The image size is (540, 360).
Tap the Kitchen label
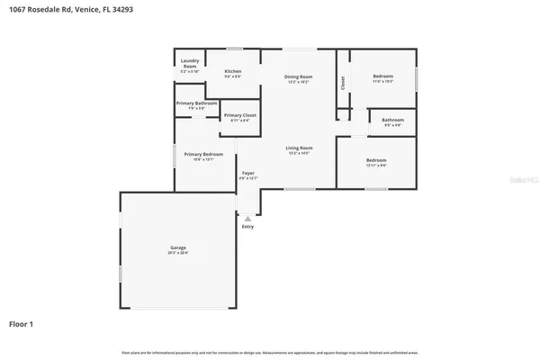pos(233,71)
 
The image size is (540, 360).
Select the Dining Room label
pos(299,77)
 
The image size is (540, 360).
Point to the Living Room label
pos(299,148)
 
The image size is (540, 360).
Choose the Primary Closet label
pos(239,115)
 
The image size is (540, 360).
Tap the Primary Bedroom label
pos(203,154)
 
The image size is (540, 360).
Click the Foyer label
pos(247,173)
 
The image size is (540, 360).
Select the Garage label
pos(178,247)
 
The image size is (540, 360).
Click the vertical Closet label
pos(343,83)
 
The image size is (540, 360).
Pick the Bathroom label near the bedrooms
pos(392,120)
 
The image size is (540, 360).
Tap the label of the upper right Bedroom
pos(383,77)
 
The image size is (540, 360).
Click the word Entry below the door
pos(247,226)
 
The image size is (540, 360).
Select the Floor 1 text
pos(22,321)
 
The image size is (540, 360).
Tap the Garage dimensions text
pos(178,254)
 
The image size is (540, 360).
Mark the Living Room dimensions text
pos(299,154)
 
